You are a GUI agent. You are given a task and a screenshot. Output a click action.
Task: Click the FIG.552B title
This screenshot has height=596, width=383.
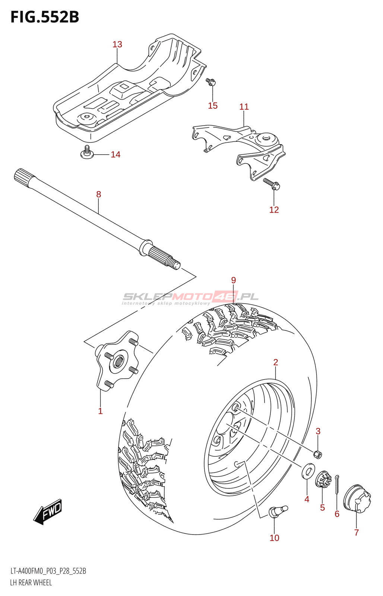45,17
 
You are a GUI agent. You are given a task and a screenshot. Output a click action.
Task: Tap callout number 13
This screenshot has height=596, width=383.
117,44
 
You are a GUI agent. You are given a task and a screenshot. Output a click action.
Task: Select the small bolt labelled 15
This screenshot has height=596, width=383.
211,82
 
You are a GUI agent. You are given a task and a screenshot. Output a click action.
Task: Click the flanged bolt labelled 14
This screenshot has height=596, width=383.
87,153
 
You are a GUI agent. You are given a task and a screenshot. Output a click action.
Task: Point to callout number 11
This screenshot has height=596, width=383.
244,107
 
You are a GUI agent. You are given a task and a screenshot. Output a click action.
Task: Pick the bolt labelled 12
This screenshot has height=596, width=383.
272,184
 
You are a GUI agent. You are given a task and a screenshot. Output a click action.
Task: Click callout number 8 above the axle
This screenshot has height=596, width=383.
98,194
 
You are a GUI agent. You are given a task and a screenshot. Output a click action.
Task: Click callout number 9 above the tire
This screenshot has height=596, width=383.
234,280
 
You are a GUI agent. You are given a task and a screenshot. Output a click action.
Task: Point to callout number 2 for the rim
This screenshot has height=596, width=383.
276,362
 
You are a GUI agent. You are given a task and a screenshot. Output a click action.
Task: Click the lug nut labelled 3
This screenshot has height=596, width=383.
318,454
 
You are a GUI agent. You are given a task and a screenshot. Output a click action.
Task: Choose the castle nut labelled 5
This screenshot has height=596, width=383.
323,479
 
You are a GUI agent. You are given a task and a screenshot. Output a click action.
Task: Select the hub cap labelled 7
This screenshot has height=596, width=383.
357,499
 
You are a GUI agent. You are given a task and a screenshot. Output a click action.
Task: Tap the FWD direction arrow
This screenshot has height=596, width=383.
48,512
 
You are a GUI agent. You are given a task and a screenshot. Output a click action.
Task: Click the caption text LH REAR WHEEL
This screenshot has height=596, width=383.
31,583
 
